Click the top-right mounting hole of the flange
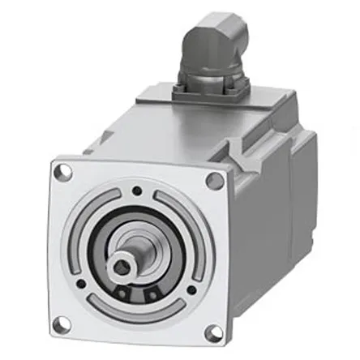tap(212, 181)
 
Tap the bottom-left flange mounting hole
tap(60, 323)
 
